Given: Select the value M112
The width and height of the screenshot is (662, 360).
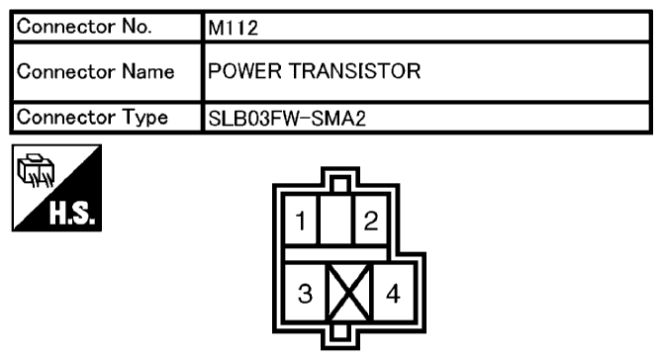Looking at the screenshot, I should coord(233,29).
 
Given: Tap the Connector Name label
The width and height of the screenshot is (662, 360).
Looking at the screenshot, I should coord(97,72).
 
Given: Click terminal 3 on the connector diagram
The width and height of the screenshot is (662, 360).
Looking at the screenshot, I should coord(304,294).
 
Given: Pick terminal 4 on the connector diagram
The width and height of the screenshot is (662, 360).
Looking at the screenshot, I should coord(392,294).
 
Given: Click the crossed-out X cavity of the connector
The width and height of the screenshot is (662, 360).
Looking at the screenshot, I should coord(347,294).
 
